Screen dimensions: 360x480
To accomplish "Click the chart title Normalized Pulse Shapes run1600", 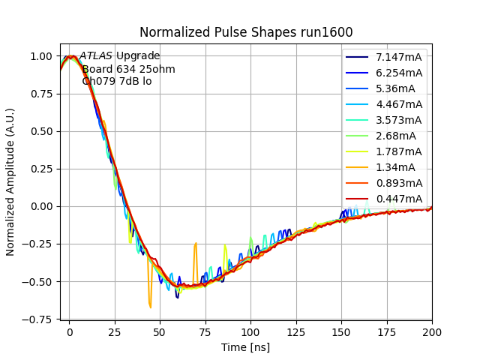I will (x=246, y=32).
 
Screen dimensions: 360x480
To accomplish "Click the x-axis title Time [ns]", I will (x=245, y=347).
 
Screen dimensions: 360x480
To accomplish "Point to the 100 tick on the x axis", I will (x=250, y=330).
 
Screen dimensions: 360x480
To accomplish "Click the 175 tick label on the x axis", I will (x=387, y=330).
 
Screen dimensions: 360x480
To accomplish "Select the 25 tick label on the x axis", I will (x=115, y=330).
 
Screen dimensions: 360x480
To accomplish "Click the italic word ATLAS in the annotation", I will (x=96, y=55).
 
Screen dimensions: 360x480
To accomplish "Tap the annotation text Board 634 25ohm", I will (x=118, y=69).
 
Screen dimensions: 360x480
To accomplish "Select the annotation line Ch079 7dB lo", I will (x=116, y=81).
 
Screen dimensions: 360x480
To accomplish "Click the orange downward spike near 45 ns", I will (x=150, y=304).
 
